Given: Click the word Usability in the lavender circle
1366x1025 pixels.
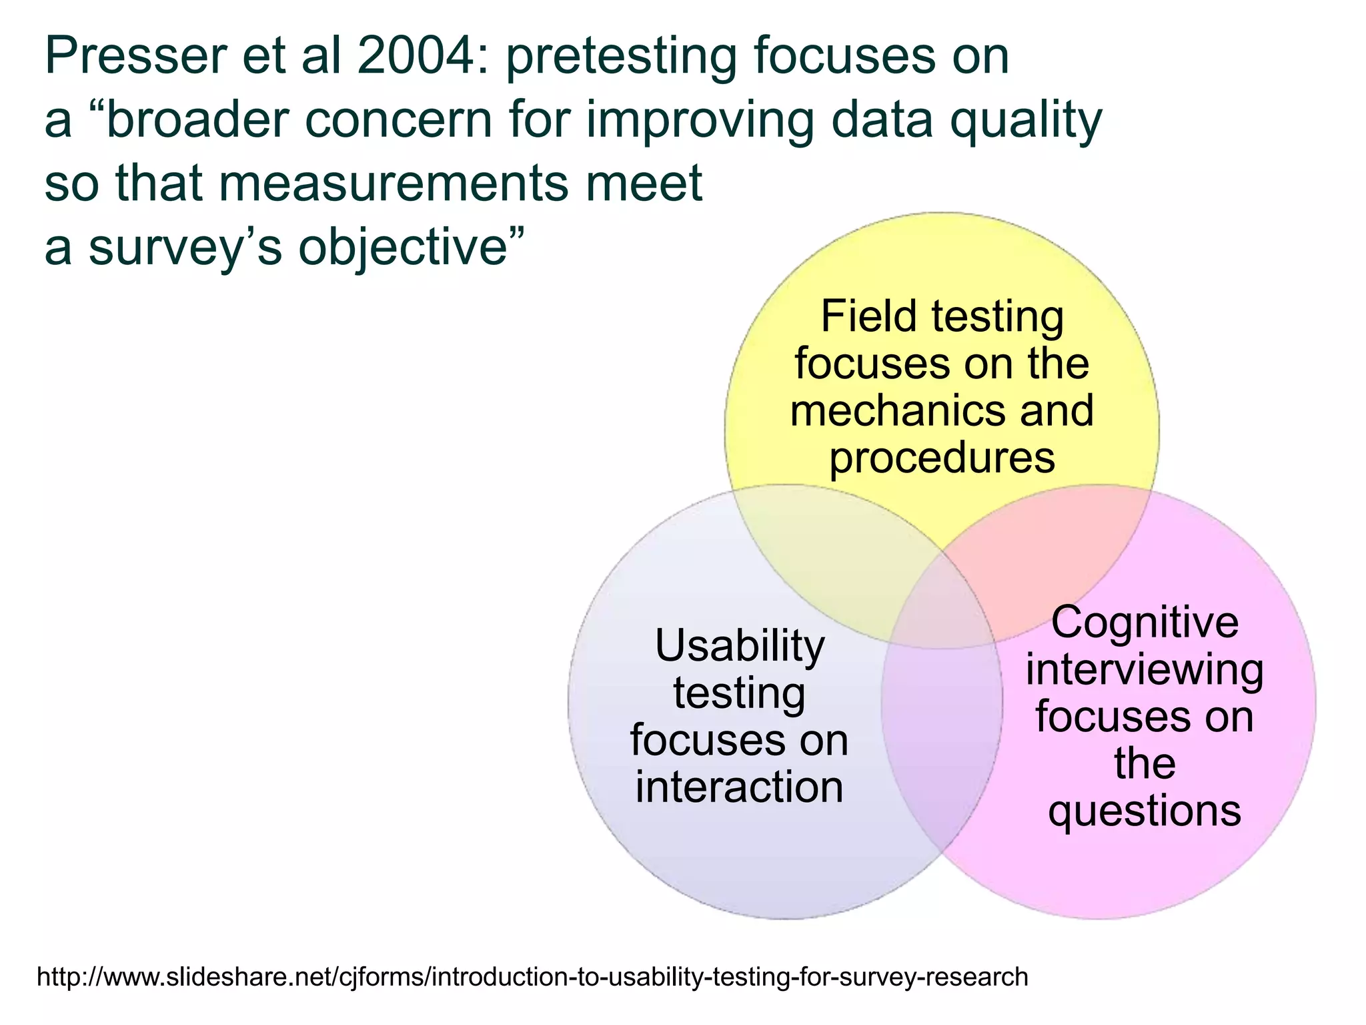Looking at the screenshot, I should pyautogui.click(x=740, y=647).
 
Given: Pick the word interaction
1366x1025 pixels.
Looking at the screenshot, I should pyautogui.click(x=740, y=787).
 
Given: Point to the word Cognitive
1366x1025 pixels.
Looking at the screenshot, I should pyautogui.click(x=1145, y=623).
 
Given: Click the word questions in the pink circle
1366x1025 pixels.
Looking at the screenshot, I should pyautogui.click(x=1145, y=811).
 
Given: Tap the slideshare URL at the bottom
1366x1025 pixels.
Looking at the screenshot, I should pyautogui.click(x=532, y=977).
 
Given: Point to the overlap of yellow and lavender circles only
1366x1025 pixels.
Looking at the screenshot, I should pyautogui.click(x=834, y=554).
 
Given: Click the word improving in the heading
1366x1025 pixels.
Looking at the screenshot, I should pyautogui.click(x=700, y=121).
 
